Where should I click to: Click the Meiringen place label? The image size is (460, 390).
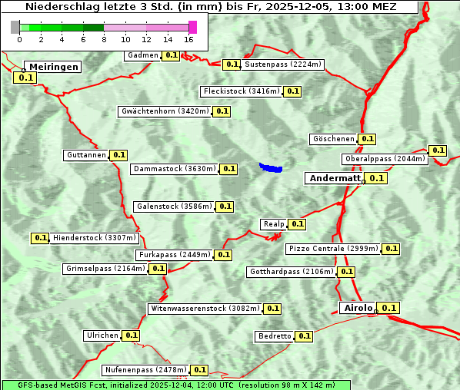53,67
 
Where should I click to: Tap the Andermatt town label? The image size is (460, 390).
334,178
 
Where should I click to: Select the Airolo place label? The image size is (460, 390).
358,308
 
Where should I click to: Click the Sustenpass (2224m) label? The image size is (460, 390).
283,64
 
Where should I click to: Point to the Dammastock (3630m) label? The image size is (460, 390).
173,169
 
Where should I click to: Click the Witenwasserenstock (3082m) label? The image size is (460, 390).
205,309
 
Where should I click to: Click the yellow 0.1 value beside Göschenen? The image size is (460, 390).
367,139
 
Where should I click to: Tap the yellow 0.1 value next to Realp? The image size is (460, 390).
298,224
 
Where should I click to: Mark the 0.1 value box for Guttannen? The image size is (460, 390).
118,155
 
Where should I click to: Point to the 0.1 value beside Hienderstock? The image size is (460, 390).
41,238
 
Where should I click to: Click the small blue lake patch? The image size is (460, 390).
271,167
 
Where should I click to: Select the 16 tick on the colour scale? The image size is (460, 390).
188,40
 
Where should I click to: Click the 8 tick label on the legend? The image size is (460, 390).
104,40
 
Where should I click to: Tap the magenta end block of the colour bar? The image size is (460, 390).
192,27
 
